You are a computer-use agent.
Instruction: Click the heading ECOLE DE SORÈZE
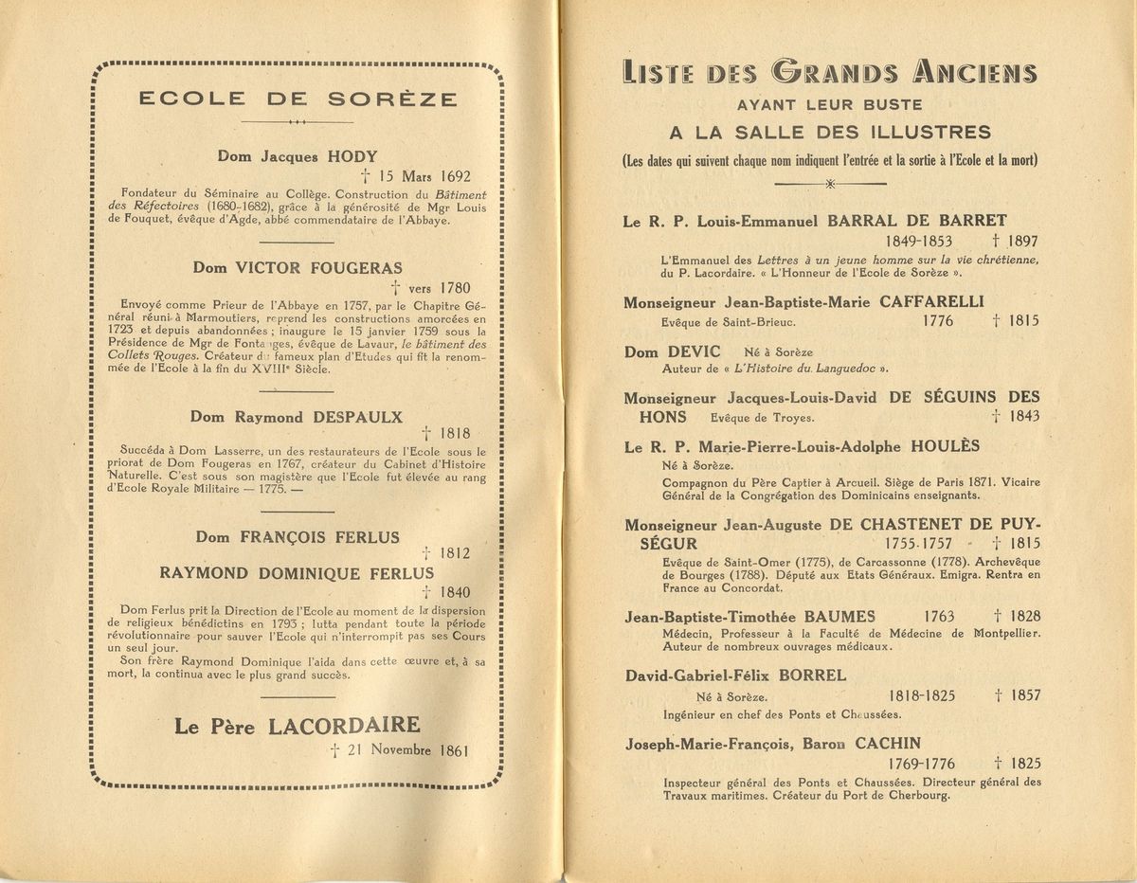(x=298, y=99)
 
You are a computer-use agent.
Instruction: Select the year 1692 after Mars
(x=450, y=176)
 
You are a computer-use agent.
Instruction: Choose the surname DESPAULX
(x=357, y=416)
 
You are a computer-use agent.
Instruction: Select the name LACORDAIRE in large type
(x=344, y=727)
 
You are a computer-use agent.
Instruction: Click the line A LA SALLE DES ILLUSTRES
(x=830, y=132)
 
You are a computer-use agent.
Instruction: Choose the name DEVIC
(x=695, y=351)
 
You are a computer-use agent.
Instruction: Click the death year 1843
(x=1023, y=416)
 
